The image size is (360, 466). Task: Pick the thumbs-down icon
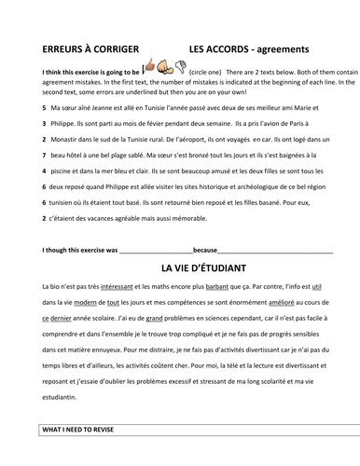pyautogui.click(x=175, y=67)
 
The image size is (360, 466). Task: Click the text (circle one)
pyautogui.click(x=209, y=71)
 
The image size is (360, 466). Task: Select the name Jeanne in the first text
pyautogui.click(x=95, y=107)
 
